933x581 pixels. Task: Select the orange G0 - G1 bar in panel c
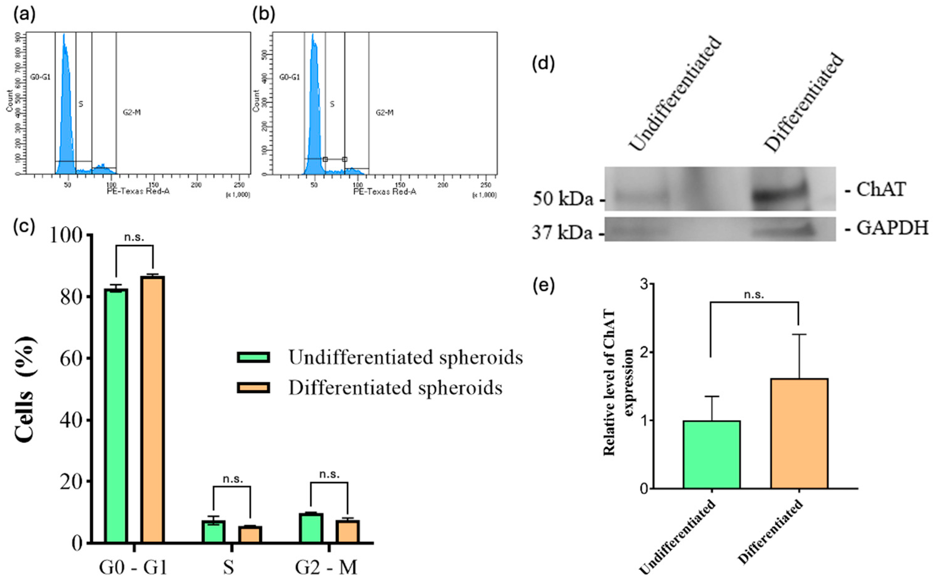tap(153, 409)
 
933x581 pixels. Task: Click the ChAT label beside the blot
tap(881, 190)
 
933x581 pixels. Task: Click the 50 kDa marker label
tap(563, 199)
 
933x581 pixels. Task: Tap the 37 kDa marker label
tap(562, 233)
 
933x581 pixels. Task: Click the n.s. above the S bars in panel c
tap(233, 479)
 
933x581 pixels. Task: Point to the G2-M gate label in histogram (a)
tap(132, 112)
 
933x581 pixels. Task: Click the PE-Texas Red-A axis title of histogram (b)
tap(385, 191)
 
